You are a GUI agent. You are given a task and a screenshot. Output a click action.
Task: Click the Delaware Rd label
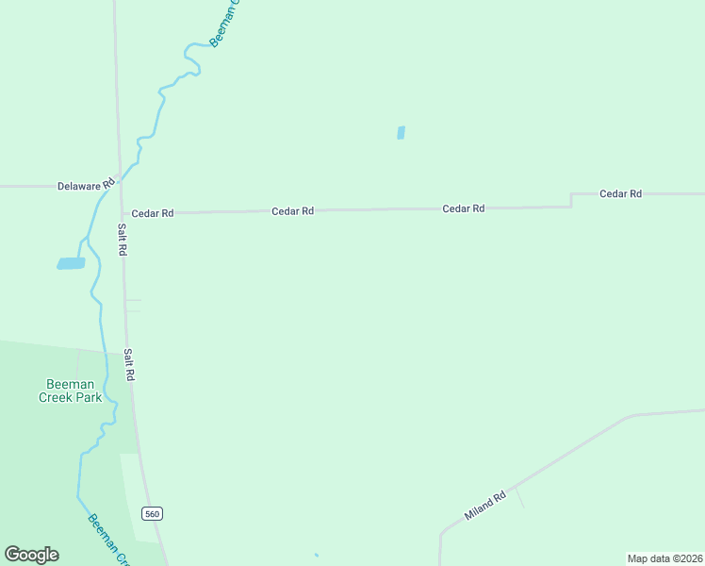point(86,186)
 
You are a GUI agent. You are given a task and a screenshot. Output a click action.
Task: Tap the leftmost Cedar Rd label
point(153,213)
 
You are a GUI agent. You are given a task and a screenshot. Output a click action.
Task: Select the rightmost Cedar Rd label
point(620,193)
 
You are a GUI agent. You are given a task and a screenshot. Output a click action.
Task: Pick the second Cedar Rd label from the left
point(292,211)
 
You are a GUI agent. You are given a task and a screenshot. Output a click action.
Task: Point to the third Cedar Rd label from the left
point(464,208)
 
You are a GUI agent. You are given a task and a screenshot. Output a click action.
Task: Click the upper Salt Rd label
point(122,240)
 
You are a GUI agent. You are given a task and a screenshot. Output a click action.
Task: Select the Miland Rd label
point(485,507)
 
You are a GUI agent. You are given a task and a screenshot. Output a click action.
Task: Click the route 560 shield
point(153,513)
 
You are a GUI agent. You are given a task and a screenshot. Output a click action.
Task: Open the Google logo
point(31,555)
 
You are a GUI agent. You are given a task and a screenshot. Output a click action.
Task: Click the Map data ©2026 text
point(664,558)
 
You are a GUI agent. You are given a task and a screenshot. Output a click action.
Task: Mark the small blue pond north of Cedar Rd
point(401,133)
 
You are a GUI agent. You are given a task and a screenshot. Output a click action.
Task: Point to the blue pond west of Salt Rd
point(71,263)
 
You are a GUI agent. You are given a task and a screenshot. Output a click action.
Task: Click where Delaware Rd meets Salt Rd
point(118,187)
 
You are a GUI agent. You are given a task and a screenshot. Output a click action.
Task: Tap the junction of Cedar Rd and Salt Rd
point(120,213)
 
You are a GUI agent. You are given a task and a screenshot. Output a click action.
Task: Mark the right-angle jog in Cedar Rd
point(571,199)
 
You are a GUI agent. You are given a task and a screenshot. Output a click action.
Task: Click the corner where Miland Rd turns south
point(441,534)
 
